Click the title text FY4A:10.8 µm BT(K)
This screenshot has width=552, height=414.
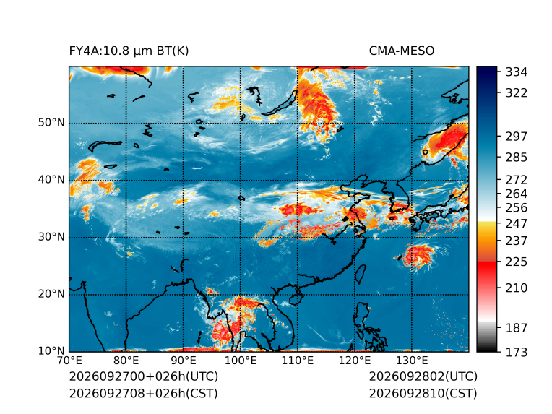pyautogui.click(x=129, y=51)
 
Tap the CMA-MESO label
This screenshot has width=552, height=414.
pyautogui.click(x=402, y=51)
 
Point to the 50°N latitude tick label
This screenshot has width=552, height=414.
pyautogui.click(x=51, y=123)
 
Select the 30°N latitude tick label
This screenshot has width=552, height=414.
pyautogui.click(x=51, y=237)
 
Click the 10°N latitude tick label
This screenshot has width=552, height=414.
pyautogui.click(x=51, y=350)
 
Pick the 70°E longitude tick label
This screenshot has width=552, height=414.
pyautogui.click(x=69, y=361)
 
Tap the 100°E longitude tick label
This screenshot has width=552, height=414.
pyautogui.click(x=241, y=361)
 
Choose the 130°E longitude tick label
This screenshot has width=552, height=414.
pyautogui.click(x=412, y=361)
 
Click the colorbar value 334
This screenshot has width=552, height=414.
pyautogui.click(x=517, y=72)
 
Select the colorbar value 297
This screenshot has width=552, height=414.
pyautogui.click(x=517, y=137)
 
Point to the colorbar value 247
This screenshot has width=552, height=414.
pyautogui.click(x=517, y=223)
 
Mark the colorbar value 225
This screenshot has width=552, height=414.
pyautogui.click(x=517, y=262)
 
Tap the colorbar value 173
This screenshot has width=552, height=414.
pyautogui.click(x=517, y=352)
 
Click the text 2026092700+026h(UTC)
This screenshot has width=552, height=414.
pyautogui.click(x=144, y=376)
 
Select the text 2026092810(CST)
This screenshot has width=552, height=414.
pyautogui.click(x=423, y=394)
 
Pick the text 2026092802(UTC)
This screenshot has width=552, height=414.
pyautogui.click(x=423, y=376)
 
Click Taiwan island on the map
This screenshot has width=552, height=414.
pyautogui.click(x=360, y=275)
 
